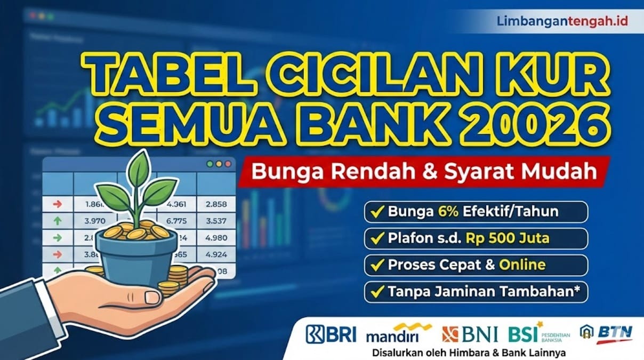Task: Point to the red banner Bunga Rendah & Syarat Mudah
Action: (418, 172)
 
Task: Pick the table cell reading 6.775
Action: (176, 220)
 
